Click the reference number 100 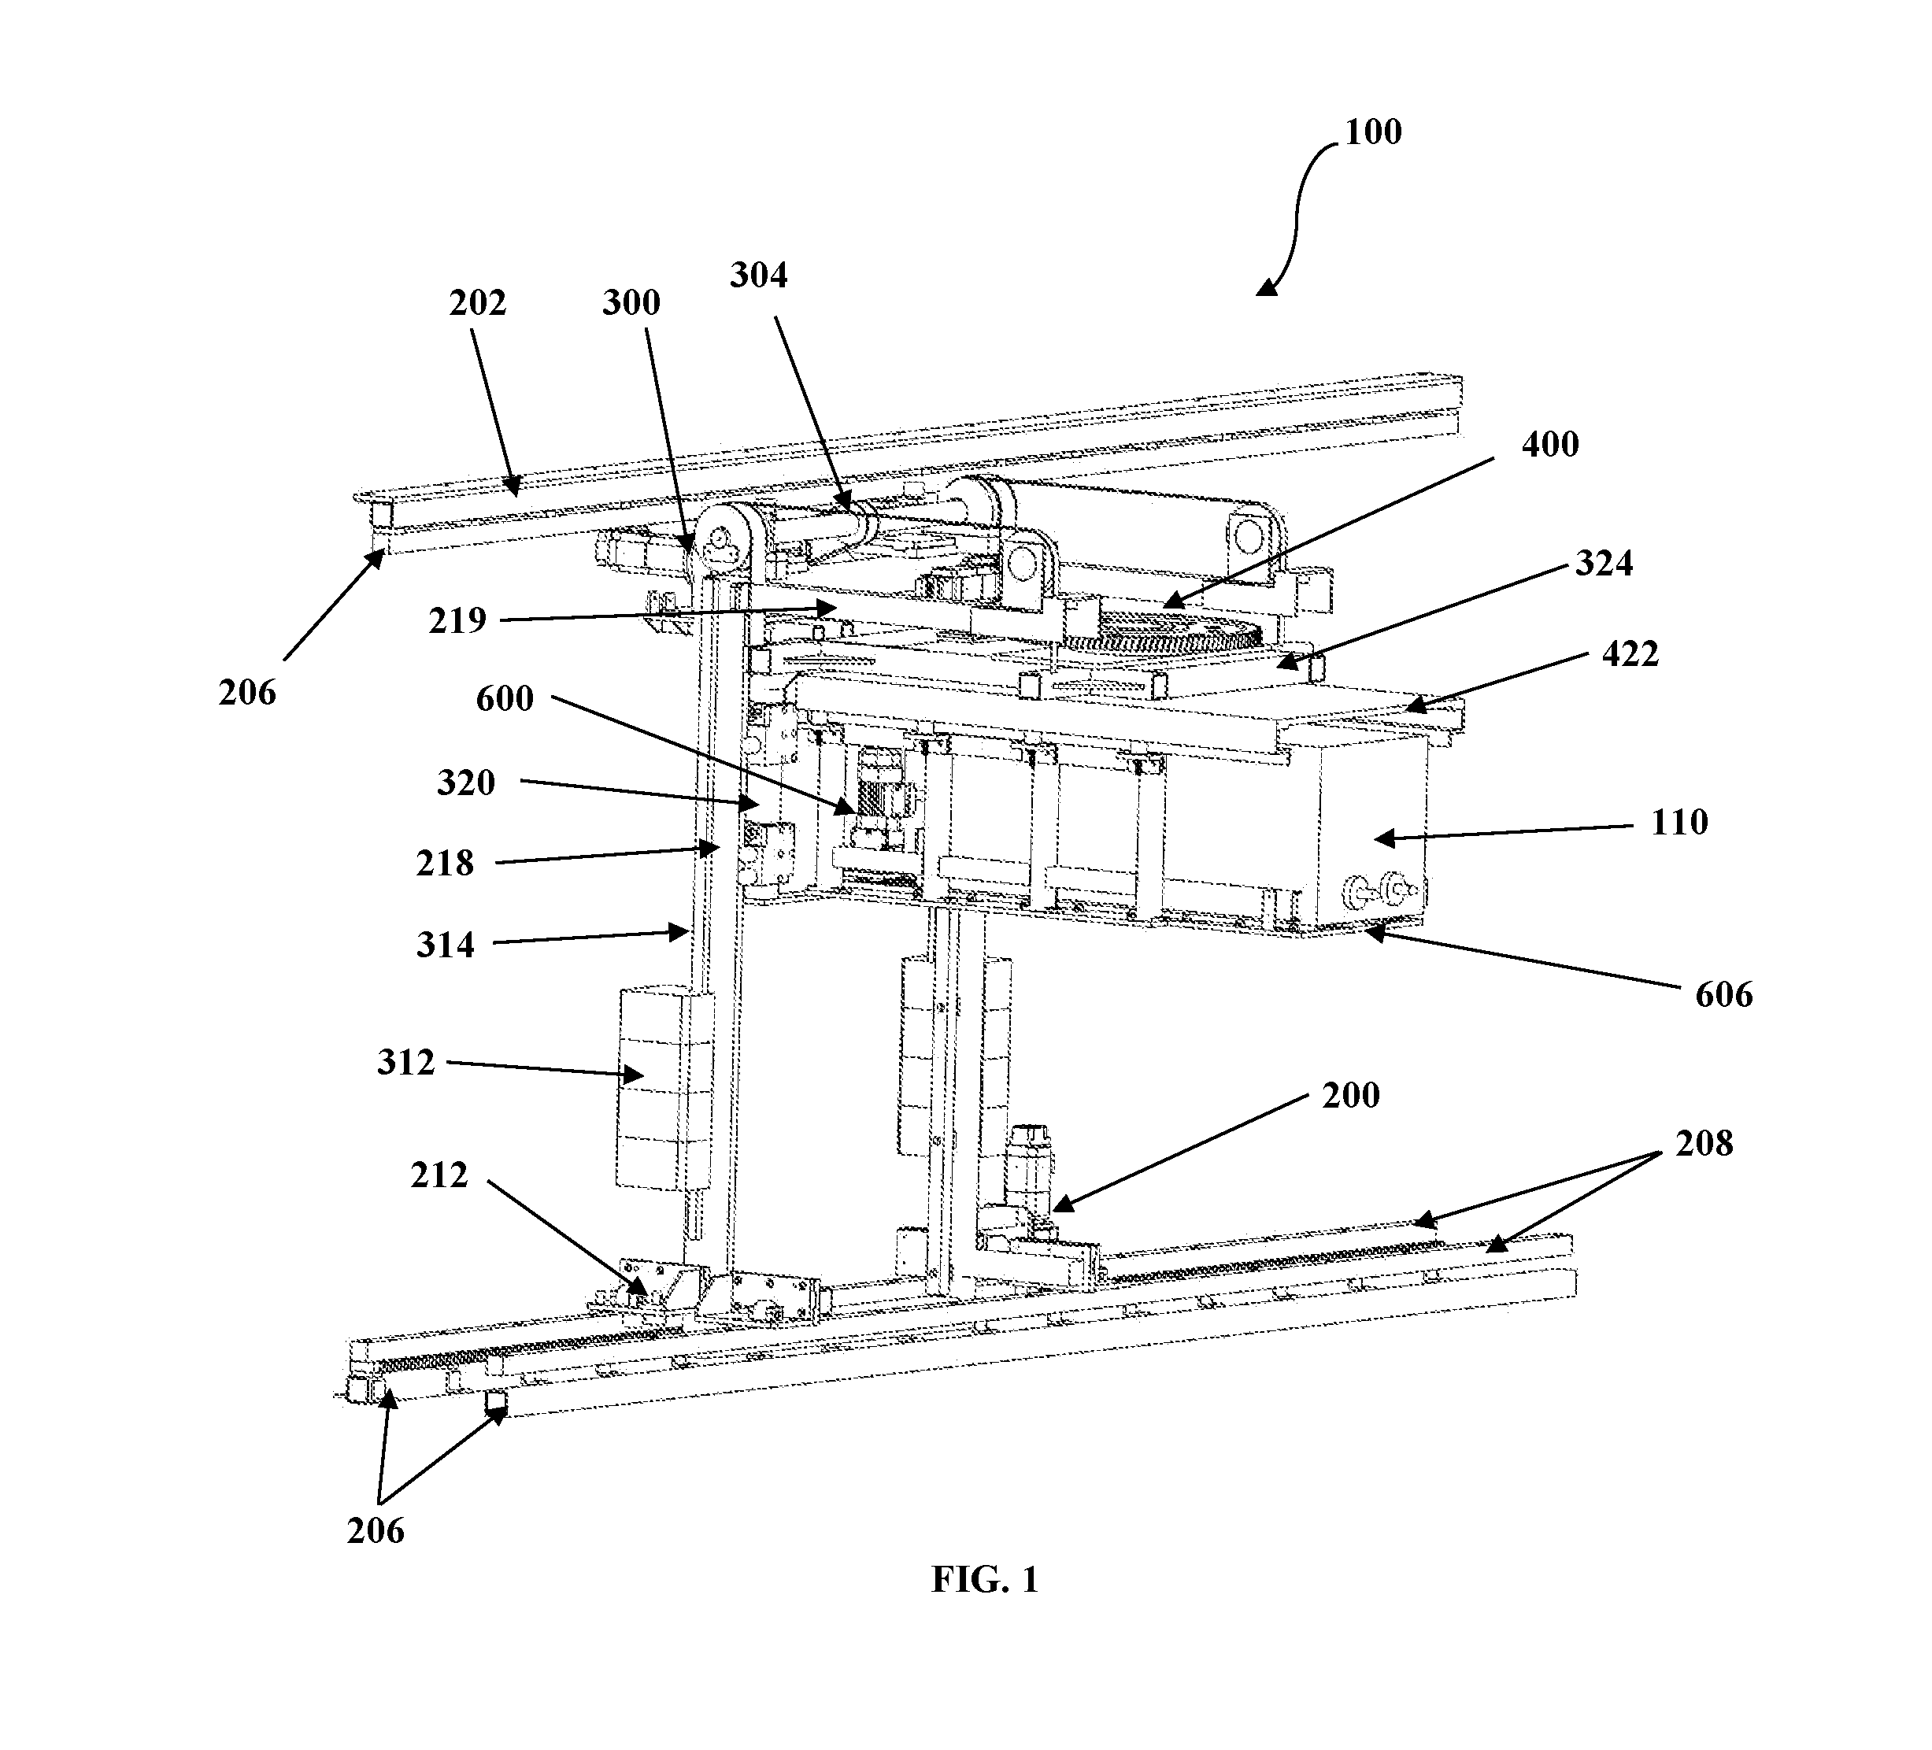coord(1372,132)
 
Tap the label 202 coord(477,303)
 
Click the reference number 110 coord(1679,823)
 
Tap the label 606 coord(1724,995)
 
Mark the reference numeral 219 coord(457,621)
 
